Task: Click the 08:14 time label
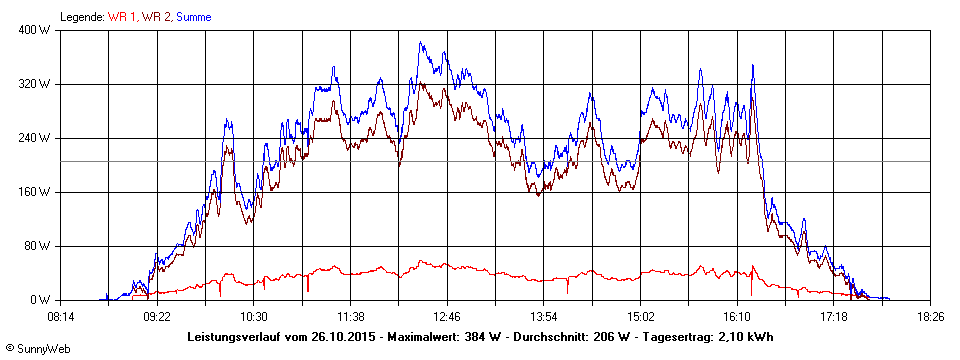pos(61,316)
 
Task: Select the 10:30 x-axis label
pos(253,316)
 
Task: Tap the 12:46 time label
pos(447,316)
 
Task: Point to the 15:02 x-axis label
pos(640,316)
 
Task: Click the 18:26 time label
pos(931,316)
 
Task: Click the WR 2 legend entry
pos(157,16)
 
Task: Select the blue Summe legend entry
pos(194,16)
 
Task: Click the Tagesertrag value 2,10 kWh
pos(742,337)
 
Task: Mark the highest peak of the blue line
pos(421,42)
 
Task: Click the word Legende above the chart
pos(82,16)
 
